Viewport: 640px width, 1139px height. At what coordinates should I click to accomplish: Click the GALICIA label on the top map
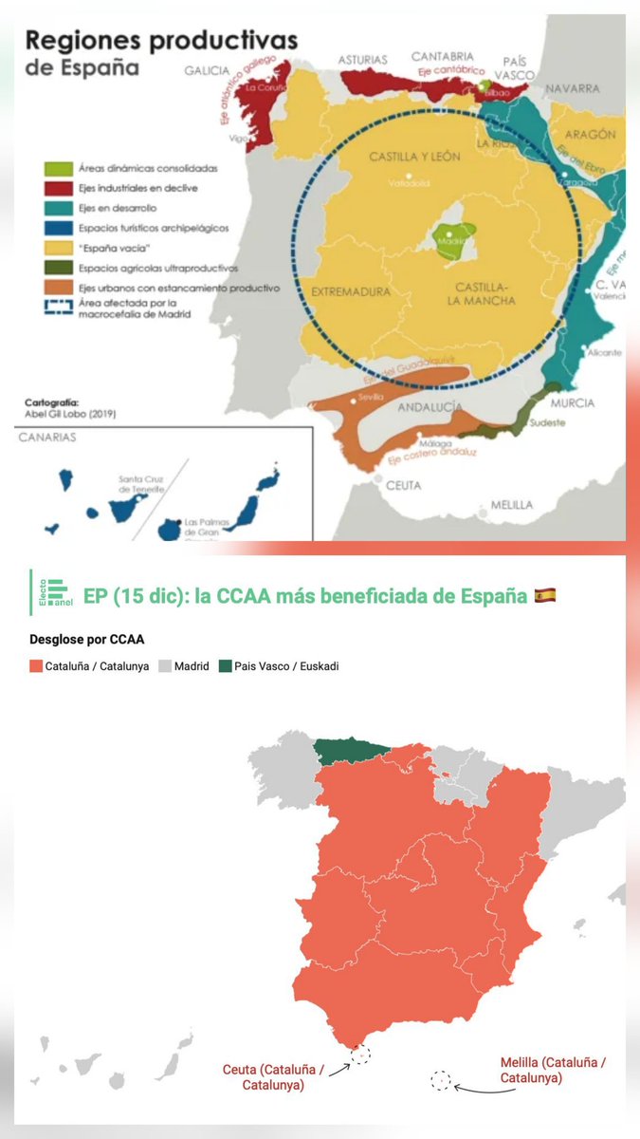click(207, 69)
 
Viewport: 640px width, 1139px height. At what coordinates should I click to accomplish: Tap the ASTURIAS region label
click(363, 59)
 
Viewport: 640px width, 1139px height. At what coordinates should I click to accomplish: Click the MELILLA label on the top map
click(512, 504)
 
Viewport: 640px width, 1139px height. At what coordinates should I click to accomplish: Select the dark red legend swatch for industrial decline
click(55, 188)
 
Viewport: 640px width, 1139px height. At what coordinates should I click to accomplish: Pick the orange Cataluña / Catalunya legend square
click(37, 666)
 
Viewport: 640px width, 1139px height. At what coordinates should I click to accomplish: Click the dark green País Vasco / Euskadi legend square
click(224, 666)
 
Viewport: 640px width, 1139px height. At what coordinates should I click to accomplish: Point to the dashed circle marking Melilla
click(440, 1080)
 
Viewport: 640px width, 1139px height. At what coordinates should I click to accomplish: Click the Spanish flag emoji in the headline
click(544, 596)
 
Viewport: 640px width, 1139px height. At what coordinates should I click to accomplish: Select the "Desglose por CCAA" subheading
click(81, 639)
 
